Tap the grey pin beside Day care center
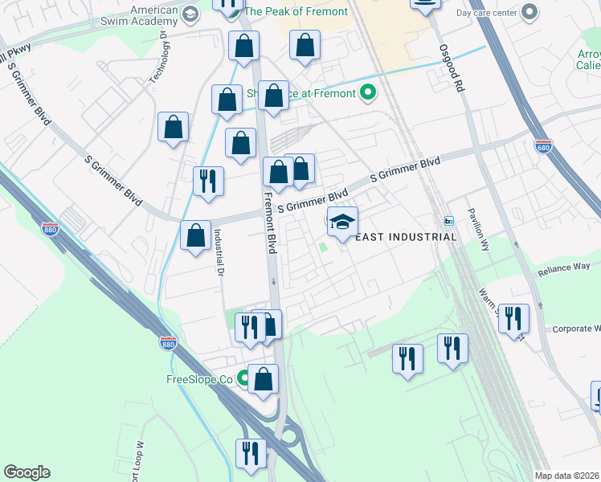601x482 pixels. click(x=529, y=12)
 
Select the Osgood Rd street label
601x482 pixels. click(x=452, y=67)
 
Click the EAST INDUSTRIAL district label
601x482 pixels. click(x=406, y=237)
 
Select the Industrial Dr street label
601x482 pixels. click(x=217, y=253)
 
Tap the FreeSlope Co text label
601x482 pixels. click(x=198, y=379)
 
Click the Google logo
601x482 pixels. click(x=27, y=472)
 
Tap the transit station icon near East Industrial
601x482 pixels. click(x=449, y=221)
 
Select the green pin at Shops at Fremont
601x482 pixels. click(x=368, y=93)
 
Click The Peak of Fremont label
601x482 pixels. click(x=296, y=11)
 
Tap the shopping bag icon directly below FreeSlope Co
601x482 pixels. click(x=263, y=379)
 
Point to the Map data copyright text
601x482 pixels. click(x=567, y=476)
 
